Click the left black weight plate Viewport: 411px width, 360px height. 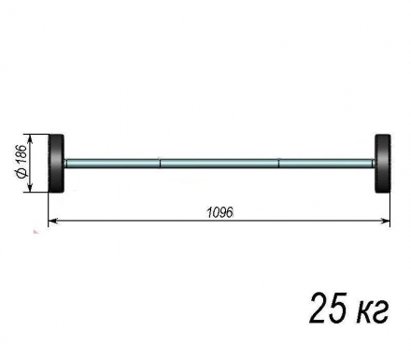[x=56, y=164]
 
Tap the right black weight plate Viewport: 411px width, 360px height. [x=383, y=164]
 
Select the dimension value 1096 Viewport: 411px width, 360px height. [x=220, y=212]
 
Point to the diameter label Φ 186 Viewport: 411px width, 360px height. [x=21, y=161]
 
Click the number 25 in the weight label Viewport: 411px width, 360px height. [x=327, y=308]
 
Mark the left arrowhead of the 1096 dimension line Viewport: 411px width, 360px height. [x=53, y=221]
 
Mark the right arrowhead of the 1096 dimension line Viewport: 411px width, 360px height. [x=386, y=221]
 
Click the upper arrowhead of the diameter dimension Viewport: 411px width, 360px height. [x=30, y=139]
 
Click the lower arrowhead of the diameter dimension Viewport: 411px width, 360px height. [x=30, y=188]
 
